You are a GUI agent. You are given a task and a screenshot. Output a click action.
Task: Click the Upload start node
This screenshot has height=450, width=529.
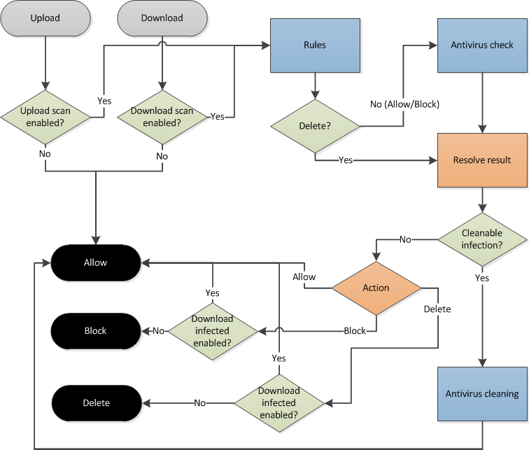(x=45, y=18)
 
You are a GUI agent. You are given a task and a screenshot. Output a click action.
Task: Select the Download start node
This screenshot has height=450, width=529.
(x=162, y=18)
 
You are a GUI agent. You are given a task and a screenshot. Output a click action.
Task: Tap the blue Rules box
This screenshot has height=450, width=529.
(x=314, y=45)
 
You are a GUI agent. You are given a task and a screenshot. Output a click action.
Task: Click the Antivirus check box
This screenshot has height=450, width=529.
(x=481, y=45)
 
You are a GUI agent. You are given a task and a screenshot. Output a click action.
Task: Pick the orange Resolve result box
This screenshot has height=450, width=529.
(x=481, y=160)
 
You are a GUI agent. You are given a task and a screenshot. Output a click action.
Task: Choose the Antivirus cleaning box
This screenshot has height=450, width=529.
(x=481, y=393)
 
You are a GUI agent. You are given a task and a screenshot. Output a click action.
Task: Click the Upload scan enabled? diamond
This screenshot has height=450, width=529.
(x=45, y=116)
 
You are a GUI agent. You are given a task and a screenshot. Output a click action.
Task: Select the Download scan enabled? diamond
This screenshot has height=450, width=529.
(x=162, y=116)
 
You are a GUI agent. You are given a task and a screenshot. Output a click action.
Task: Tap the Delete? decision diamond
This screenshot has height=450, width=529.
(x=314, y=127)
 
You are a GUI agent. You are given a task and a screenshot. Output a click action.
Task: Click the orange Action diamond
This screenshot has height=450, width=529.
(x=376, y=288)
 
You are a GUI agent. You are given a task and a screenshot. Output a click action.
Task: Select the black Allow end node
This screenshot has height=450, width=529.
(x=95, y=262)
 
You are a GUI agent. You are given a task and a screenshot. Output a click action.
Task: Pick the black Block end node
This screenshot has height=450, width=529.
(x=95, y=330)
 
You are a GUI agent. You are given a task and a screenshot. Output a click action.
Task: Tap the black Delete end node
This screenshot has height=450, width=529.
(x=95, y=402)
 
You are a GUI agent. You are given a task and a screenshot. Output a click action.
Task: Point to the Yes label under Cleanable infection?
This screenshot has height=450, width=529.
(x=481, y=277)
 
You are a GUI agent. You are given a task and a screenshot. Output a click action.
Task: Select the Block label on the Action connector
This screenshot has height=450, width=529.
(x=355, y=330)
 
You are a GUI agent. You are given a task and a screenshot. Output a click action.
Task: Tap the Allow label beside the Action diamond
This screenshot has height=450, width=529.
(x=304, y=277)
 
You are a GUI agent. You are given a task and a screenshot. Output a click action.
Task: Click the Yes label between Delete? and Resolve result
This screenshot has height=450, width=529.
(x=345, y=160)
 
